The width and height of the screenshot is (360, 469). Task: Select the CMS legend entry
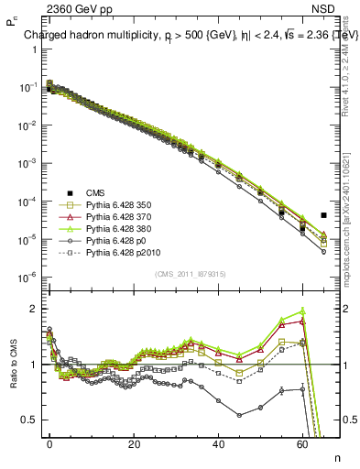[99, 192]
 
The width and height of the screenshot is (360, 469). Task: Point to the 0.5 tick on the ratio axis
[30, 420]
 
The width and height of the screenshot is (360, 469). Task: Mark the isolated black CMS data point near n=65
[323, 215]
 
